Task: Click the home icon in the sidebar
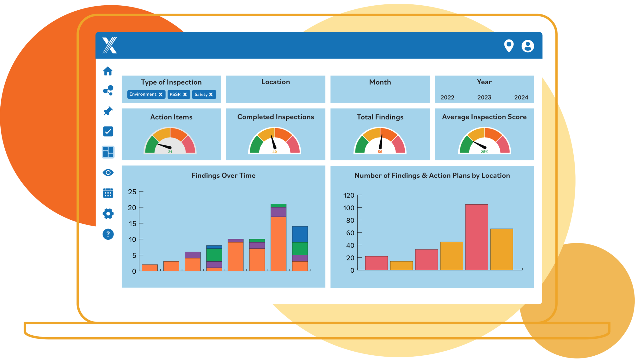coord(108,71)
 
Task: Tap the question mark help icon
coord(108,234)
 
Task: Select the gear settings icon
coord(108,214)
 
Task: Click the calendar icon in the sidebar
coord(108,193)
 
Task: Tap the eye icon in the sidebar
coord(108,172)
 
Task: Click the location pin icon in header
coord(509,46)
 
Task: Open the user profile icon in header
coord(528,46)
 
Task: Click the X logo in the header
coord(110,45)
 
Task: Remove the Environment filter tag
coord(160,94)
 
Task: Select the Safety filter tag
coord(204,94)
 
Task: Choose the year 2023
coord(484,97)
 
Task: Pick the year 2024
coord(521,97)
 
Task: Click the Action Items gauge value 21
coord(170,152)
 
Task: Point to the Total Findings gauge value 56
coord(380,152)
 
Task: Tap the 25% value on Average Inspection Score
coord(484,152)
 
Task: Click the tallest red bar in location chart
coord(476,237)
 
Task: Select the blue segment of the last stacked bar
coord(300,234)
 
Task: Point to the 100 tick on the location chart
coord(349,208)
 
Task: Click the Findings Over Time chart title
coord(223,175)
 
